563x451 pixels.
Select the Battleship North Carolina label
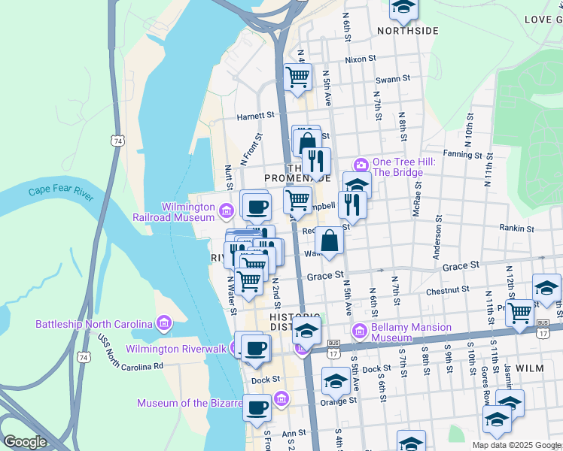(x=95, y=324)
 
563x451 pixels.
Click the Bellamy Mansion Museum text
(x=412, y=332)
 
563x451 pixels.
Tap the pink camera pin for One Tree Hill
(x=361, y=165)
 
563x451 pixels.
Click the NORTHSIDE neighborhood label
(x=407, y=31)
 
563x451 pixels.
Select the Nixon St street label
(x=360, y=59)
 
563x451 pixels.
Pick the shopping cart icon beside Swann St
(x=298, y=76)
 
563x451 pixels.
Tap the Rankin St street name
(x=516, y=228)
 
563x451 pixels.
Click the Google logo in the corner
(x=25, y=441)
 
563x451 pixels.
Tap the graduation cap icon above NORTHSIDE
(x=403, y=8)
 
